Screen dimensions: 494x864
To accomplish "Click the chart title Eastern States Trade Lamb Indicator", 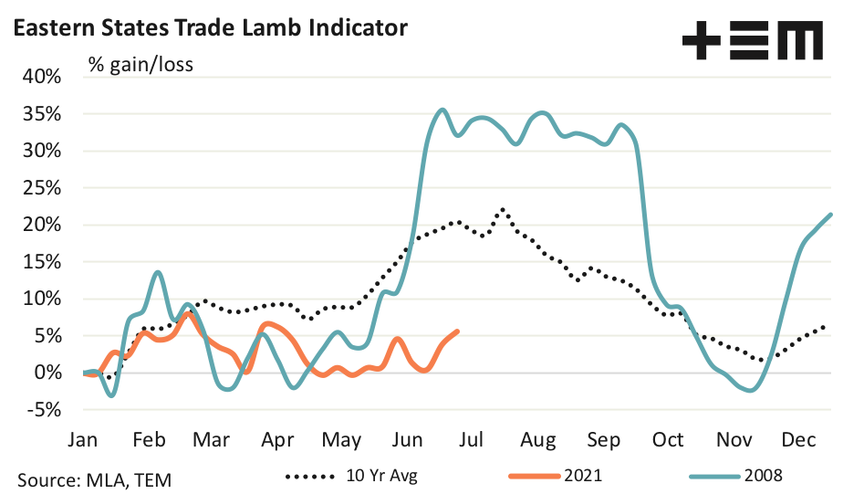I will coord(209,28).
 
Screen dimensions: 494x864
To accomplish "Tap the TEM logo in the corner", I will coord(752,42).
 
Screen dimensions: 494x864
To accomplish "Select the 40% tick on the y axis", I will coord(42,77).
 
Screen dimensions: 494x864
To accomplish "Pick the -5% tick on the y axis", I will coord(44,410).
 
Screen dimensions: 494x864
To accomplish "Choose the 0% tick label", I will coord(47,373).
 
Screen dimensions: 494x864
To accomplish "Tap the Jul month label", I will coord(472,440).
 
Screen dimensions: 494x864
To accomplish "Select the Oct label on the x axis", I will coord(668,440).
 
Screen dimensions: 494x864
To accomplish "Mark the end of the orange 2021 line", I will coord(457,331).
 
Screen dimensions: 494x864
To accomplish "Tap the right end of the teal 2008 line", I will coord(831,215).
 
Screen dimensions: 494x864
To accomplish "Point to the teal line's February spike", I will coord(158,272).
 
